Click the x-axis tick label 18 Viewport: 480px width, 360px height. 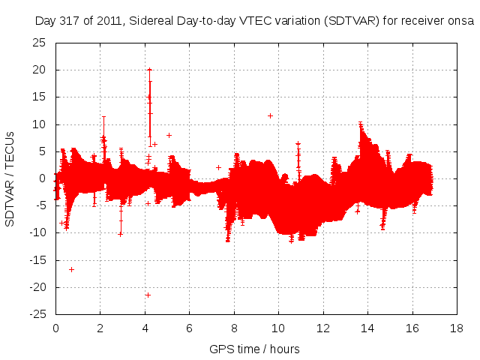(x=456, y=328)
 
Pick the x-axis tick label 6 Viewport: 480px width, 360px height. (x=189, y=328)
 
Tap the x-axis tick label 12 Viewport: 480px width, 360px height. (x=322, y=328)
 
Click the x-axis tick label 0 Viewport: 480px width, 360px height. (x=55, y=328)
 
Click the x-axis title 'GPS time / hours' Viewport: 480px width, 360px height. (x=254, y=349)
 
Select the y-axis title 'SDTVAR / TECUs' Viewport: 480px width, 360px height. (x=10, y=178)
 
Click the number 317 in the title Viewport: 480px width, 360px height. (x=71, y=21)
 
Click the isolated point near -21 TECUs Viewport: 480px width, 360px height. (x=148, y=295)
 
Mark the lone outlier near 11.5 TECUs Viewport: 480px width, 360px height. (x=270, y=115)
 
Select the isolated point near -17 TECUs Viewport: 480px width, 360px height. (x=71, y=269)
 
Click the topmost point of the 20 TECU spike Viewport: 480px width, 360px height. (x=149, y=70)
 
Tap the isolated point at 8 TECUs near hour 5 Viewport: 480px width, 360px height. (x=169, y=135)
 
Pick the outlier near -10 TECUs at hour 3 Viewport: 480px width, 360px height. (x=120, y=234)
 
